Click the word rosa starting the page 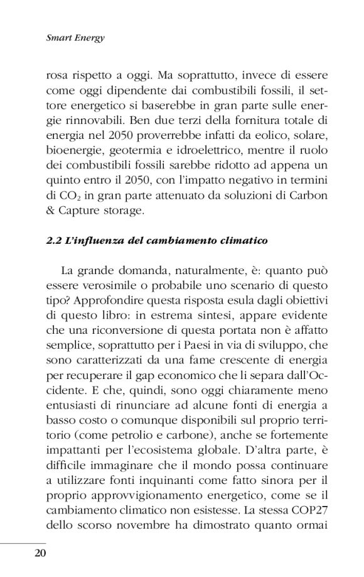pyautogui.click(x=60, y=74)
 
